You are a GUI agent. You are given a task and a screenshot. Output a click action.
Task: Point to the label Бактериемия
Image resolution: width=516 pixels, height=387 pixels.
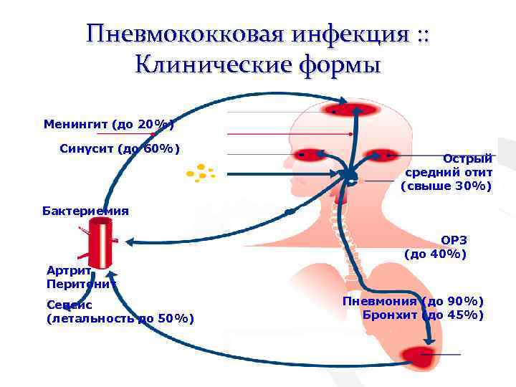(x=86, y=211)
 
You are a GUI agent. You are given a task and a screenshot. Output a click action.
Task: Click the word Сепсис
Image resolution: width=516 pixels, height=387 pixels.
(x=69, y=305)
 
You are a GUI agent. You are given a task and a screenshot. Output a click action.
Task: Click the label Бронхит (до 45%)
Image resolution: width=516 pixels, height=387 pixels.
(x=423, y=315)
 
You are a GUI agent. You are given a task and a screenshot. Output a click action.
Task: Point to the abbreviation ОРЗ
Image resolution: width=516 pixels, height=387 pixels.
(x=454, y=240)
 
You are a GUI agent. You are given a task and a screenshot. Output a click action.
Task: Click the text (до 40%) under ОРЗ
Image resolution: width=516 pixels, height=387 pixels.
(x=436, y=254)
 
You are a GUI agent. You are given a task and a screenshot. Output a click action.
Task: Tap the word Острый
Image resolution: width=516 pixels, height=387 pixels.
(x=467, y=158)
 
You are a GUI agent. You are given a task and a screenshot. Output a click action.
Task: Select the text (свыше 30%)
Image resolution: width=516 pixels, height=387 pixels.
(x=446, y=186)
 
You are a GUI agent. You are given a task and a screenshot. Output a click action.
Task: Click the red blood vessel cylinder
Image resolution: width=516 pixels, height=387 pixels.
(x=100, y=244)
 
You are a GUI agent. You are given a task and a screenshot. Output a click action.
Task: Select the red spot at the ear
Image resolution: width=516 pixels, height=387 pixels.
(x=380, y=154)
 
